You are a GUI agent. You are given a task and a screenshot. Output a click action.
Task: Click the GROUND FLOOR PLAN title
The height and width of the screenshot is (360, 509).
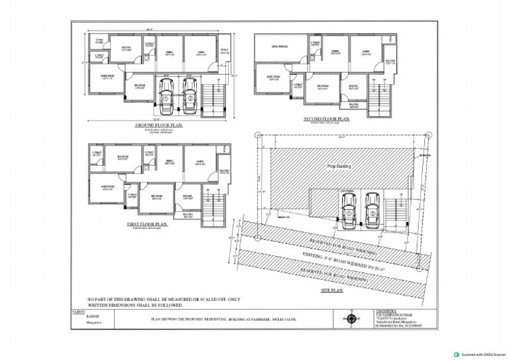pos(158,125)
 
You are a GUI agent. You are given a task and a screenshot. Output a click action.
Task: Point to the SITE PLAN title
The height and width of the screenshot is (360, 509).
pos(332,290)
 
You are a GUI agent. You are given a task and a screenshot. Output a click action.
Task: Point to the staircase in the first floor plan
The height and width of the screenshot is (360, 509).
pos(211,206)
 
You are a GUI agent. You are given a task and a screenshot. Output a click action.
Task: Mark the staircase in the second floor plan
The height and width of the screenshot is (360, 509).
pos(378,97)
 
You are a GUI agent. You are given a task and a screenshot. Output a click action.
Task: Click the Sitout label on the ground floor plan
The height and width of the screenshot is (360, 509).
pos(224,49)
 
